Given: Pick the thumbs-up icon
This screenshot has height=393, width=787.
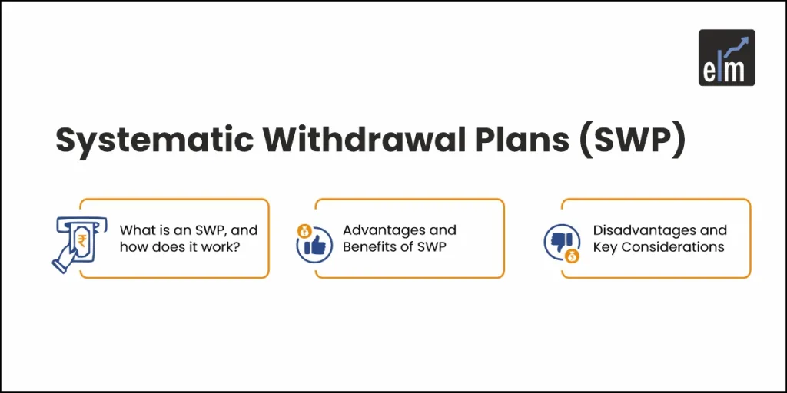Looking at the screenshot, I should (x=315, y=246).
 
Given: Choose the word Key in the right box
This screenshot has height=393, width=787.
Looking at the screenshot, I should (x=603, y=246).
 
